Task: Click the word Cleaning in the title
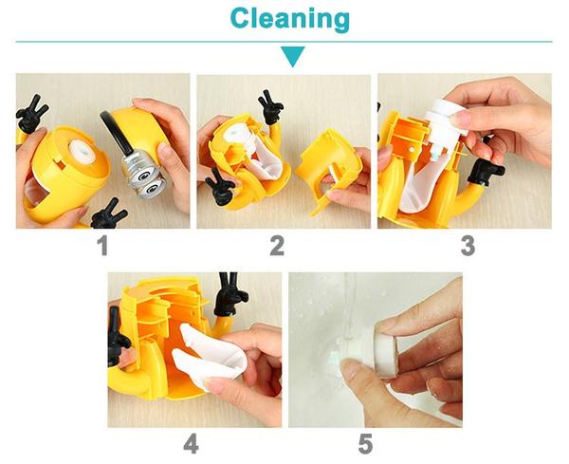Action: point(289,19)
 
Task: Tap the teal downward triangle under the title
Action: point(292,56)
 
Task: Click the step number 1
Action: point(103,246)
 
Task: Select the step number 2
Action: point(277,246)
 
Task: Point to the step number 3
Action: point(468,246)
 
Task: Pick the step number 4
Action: point(191,444)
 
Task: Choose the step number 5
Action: point(365,444)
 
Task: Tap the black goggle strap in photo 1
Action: point(117,133)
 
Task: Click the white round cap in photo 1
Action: point(82,152)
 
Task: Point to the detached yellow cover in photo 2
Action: point(329,165)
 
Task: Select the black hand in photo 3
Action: point(486,171)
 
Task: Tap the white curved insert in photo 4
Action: point(209,354)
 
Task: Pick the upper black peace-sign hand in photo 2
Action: point(270,107)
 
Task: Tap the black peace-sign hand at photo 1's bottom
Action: point(108,215)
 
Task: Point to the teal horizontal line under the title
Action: point(284,42)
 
